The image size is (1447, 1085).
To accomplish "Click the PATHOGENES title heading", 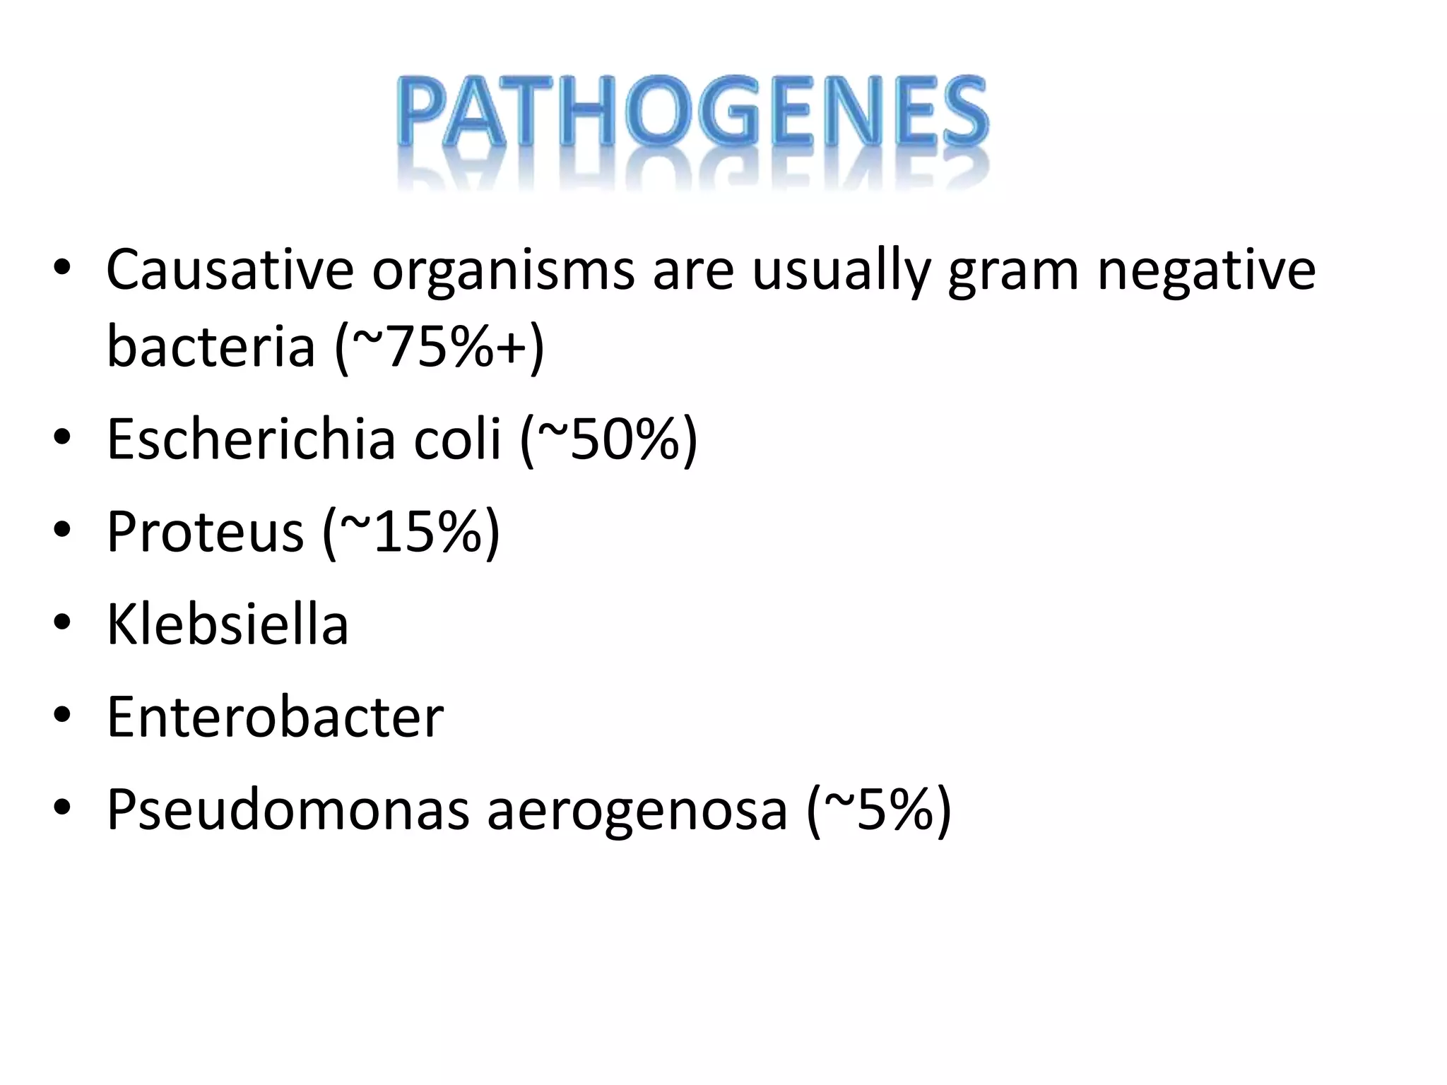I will [692, 113].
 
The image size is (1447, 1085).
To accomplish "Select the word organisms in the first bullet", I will [503, 271].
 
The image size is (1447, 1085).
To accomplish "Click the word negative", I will [1206, 271].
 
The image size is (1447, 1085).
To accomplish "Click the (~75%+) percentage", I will [439, 348].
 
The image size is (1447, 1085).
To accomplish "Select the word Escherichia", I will [251, 439].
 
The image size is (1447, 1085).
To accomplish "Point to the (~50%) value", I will [608, 440].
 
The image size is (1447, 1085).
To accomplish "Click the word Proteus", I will [205, 531].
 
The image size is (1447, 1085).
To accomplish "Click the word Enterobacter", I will [275, 716].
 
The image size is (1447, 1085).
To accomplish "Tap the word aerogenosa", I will [637, 811].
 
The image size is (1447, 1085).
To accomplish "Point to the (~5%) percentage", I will [878, 811].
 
